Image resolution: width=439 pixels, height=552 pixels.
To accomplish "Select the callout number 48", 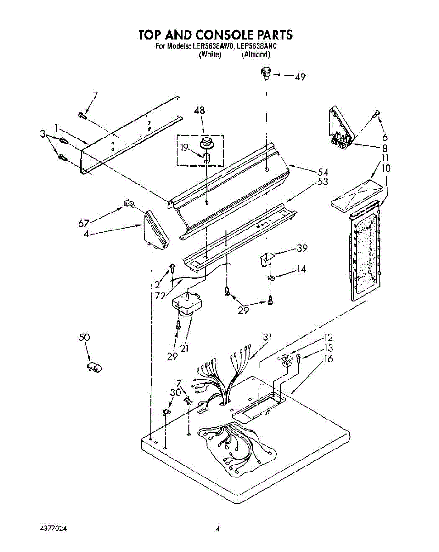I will [x=199, y=110].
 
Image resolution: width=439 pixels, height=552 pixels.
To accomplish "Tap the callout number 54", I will [x=323, y=172].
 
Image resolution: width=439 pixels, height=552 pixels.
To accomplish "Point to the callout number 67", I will [x=83, y=224].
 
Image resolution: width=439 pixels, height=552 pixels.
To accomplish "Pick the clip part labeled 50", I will [x=94, y=366].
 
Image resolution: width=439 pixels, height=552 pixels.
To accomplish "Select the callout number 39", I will [x=301, y=248].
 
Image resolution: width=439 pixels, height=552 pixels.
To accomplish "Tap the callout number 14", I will [x=301, y=270].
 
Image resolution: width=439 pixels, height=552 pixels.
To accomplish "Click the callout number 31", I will [x=267, y=337].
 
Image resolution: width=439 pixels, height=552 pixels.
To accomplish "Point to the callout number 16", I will [x=328, y=359].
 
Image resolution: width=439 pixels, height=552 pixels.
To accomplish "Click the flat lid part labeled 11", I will [x=355, y=193].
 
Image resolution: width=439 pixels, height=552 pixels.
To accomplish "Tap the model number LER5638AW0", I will [x=213, y=46].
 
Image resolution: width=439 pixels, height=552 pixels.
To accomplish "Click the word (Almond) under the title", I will [x=256, y=54].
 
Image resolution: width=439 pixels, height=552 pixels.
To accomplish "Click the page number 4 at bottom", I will [x=217, y=529].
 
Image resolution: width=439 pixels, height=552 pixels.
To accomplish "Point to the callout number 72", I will [x=160, y=296].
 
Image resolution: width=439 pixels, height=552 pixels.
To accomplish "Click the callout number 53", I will [x=323, y=182].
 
